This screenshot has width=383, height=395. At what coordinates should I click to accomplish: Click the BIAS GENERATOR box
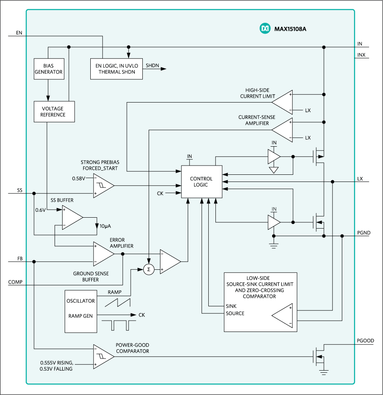pyautogui.click(x=48, y=69)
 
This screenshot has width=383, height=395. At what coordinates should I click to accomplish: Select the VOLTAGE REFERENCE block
pyautogui.click(x=54, y=111)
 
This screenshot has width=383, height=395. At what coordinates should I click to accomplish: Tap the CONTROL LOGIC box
pyautogui.click(x=201, y=182)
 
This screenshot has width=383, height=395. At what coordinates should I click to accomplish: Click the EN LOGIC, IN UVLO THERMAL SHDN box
pyautogui.click(x=116, y=68)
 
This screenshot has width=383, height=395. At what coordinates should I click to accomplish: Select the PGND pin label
pyautogui.click(x=364, y=232)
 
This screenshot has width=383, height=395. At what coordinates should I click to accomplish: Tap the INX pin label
pyautogui.click(x=361, y=54)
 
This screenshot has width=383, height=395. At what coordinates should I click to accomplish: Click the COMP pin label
pyautogui.click(x=16, y=282)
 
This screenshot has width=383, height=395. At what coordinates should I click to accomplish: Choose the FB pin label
pyautogui.click(x=20, y=258)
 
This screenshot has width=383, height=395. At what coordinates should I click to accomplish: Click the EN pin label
pyautogui.click(x=19, y=32)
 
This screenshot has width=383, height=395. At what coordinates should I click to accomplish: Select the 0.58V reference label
pyautogui.click(x=79, y=178)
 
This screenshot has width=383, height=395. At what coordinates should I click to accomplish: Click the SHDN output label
pyautogui.click(x=152, y=66)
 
